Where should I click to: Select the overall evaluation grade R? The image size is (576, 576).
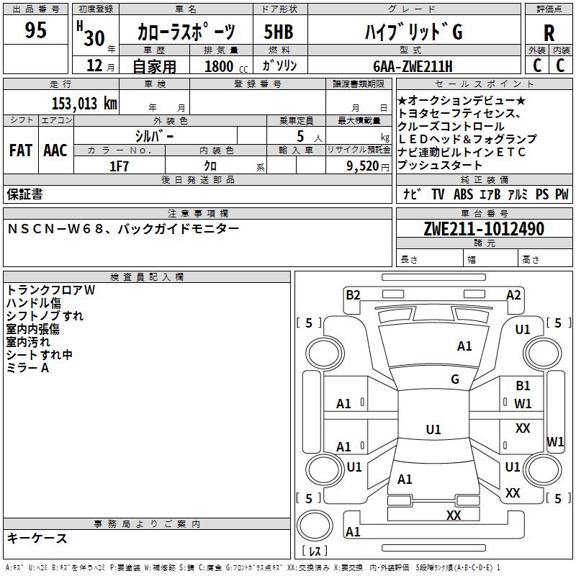point(549,32)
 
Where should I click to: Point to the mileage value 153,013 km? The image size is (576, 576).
point(84,103)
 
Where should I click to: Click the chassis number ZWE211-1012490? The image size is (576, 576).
point(483,229)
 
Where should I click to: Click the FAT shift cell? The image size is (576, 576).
point(21,150)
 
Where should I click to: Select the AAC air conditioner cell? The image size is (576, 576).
point(55,150)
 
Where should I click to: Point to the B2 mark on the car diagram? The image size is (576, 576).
point(353,294)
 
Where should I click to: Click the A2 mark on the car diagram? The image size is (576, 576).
point(513,294)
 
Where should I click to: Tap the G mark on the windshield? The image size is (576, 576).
point(455,379)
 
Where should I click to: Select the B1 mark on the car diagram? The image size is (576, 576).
point(523,386)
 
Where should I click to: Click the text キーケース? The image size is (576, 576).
point(37,538)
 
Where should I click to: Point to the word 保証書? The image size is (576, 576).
point(24,194)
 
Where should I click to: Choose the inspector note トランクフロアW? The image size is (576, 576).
point(50,290)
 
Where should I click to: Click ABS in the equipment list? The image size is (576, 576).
point(463,194)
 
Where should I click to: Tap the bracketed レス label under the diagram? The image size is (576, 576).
point(315,552)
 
